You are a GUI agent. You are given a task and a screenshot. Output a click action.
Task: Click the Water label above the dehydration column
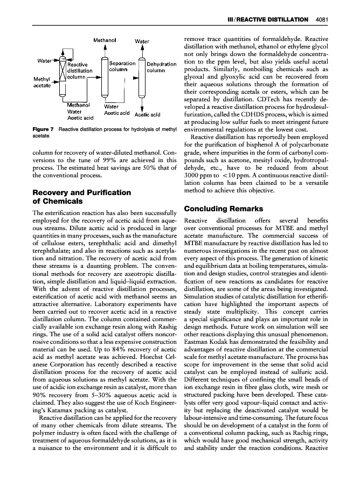pyautogui.click(x=142, y=41)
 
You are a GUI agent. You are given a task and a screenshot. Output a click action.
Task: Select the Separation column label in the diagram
pyautogui.click(x=122, y=67)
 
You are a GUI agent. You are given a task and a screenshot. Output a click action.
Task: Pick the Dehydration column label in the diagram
pyautogui.click(x=162, y=67)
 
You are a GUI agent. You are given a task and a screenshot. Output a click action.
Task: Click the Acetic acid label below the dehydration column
pyautogui.click(x=148, y=115)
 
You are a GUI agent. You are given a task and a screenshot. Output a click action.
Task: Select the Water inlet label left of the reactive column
pyautogui.click(x=44, y=59)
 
